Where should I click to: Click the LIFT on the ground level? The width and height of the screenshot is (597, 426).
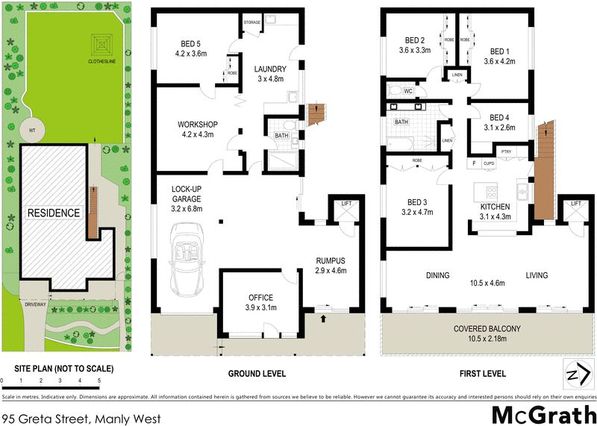click(x=346, y=204)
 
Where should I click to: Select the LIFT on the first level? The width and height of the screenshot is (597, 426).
click(x=575, y=204)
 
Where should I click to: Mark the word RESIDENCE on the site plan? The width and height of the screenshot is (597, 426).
click(x=54, y=213)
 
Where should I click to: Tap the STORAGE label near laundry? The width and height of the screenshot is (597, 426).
click(x=252, y=22)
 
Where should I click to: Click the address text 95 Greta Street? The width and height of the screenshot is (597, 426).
click(x=81, y=419)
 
